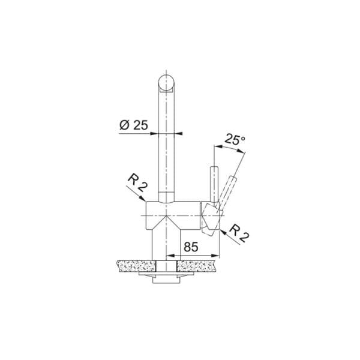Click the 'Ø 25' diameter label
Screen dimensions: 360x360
point(134,125)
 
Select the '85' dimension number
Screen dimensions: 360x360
point(191,246)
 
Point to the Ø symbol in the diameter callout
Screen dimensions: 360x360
point(124,125)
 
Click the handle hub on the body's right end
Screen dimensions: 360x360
point(211,216)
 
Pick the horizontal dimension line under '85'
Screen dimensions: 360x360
point(192,254)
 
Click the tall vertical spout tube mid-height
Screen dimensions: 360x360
point(166,150)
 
